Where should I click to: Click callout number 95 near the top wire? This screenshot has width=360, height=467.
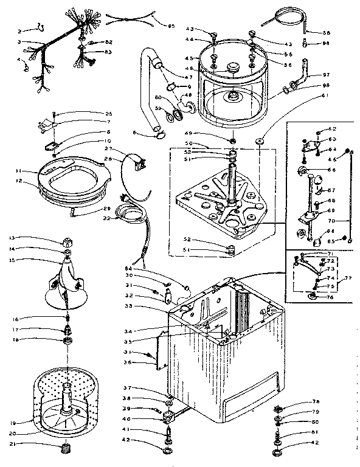point(171,26)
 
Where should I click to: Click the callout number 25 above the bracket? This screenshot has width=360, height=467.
point(108,114)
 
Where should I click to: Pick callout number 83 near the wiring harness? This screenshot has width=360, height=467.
point(108,52)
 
